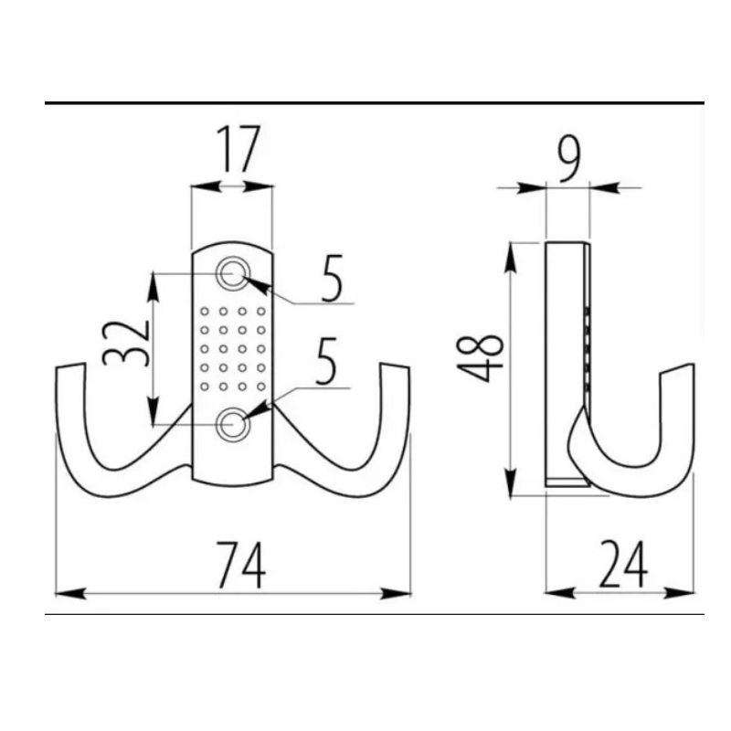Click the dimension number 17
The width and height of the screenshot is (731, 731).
[238, 149]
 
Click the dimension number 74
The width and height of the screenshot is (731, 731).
[241, 565]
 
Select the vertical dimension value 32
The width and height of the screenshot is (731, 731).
[125, 343]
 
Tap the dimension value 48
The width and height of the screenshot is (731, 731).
[481, 358]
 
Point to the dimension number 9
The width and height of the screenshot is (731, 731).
[569, 158]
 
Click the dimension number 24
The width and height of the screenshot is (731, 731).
[623, 564]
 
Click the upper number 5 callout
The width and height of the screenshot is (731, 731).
[332, 278]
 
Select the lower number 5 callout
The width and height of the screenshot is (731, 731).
[326, 361]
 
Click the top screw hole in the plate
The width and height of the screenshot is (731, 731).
[233, 273]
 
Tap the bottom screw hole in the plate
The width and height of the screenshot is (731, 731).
[233, 424]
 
